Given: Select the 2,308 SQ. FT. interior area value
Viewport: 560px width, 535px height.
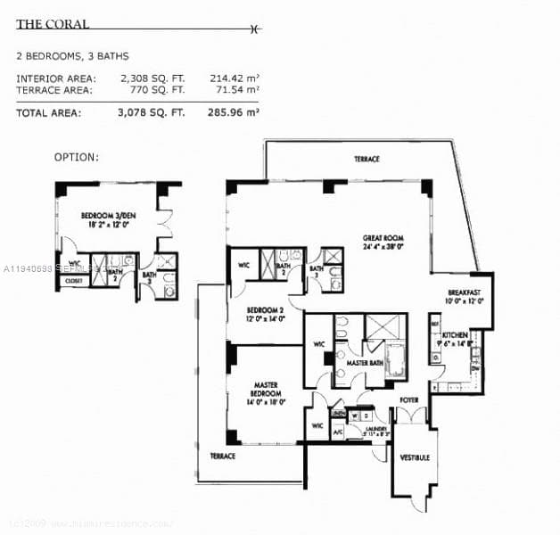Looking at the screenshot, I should click(x=152, y=78).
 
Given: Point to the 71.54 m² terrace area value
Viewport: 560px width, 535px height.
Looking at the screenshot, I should click(x=234, y=90).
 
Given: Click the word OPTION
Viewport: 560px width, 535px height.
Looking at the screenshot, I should click(x=77, y=157).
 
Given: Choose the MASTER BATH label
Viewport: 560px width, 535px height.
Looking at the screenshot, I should click(x=365, y=364).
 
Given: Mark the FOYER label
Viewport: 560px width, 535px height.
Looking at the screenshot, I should click(x=408, y=400).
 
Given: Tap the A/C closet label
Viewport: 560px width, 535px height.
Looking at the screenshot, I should click(x=338, y=433).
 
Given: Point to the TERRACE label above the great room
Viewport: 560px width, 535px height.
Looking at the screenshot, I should click(x=366, y=160).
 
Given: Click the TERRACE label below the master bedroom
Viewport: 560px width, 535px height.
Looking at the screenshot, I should click(x=222, y=457).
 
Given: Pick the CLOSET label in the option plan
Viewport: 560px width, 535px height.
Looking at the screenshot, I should click(x=73, y=282).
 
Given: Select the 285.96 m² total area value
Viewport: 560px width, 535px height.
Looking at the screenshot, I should click(x=234, y=113).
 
